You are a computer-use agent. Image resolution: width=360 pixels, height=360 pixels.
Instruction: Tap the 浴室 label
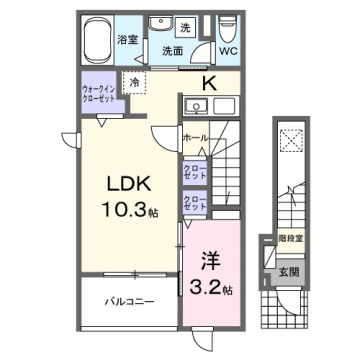(127, 41)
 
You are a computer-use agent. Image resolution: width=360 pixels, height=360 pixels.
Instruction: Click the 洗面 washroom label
(173, 49)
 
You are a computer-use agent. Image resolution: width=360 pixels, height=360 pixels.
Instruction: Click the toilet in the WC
(226, 24)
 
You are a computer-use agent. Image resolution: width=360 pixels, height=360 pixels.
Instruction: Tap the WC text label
(227, 50)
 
